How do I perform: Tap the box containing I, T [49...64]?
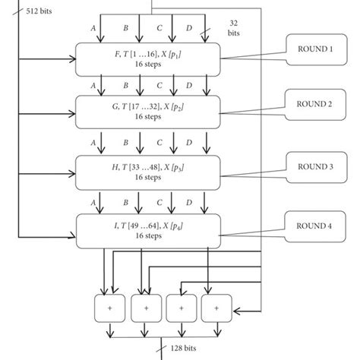pos(148,231)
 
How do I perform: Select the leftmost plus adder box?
pos(107,308)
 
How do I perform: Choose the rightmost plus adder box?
pos(216,308)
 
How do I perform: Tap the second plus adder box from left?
pos(144,308)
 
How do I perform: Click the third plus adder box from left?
pos(180,308)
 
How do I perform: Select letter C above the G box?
pos(159,85)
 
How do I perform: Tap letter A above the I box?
pos(93,204)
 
